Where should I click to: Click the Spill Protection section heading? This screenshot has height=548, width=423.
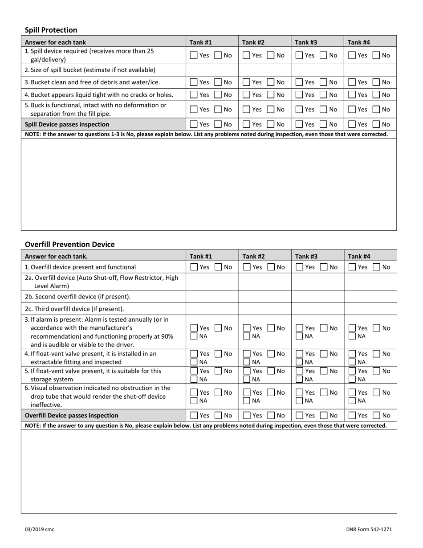[51, 30]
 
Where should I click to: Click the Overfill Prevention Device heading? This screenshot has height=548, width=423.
[69, 244]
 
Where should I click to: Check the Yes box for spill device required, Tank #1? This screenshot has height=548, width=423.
[194, 56]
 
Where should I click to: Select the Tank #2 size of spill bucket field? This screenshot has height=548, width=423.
[264, 70]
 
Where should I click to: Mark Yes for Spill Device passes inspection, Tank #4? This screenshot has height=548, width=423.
[352, 125]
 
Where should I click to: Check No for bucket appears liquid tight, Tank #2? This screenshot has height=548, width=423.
[271, 95]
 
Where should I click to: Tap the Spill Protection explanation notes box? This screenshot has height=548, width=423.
[208, 184]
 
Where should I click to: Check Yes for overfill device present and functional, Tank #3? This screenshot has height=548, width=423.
[300, 267]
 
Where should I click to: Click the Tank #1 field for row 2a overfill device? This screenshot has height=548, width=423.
[212, 282]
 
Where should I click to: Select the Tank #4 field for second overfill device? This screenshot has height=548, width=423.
[370, 297]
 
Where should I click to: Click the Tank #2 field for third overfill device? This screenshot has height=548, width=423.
[264, 309]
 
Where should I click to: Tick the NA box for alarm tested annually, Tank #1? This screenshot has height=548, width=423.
[194, 336]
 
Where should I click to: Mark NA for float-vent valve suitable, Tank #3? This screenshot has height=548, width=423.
[300, 380]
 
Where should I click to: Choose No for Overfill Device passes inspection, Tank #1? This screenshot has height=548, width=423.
[219, 416]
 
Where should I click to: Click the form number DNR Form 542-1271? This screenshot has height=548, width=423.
[369, 529]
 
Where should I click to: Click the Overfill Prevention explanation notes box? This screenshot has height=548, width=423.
[208, 471]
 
